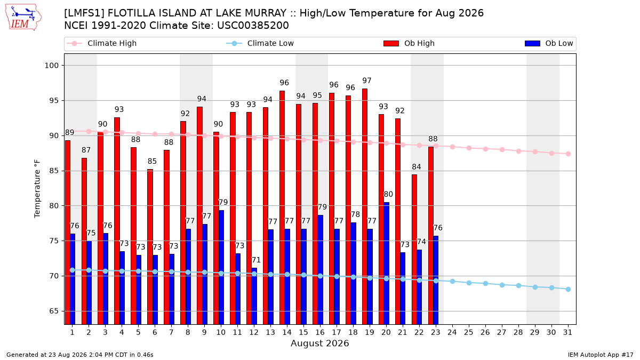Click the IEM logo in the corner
(x=23, y=18)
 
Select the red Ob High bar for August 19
(x=365, y=206)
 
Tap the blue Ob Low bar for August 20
(x=386, y=263)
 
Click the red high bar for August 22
(x=414, y=250)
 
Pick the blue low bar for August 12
(x=254, y=296)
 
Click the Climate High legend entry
(x=102, y=43)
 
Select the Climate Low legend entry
(x=260, y=43)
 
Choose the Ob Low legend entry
(x=549, y=43)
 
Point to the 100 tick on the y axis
(x=51, y=66)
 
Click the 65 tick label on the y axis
(x=54, y=311)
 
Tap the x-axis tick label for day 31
(x=567, y=332)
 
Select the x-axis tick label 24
(x=452, y=332)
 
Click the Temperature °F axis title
(x=37, y=189)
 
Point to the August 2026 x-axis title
(x=319, y=343)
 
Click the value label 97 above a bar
(x=366, y=81)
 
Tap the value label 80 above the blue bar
(x=388, y=194)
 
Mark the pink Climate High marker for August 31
(x=568, y=154)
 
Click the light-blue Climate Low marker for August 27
(x=502, y=285)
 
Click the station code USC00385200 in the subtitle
(x=253, y=26)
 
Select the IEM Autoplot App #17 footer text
(x=601, y=355)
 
